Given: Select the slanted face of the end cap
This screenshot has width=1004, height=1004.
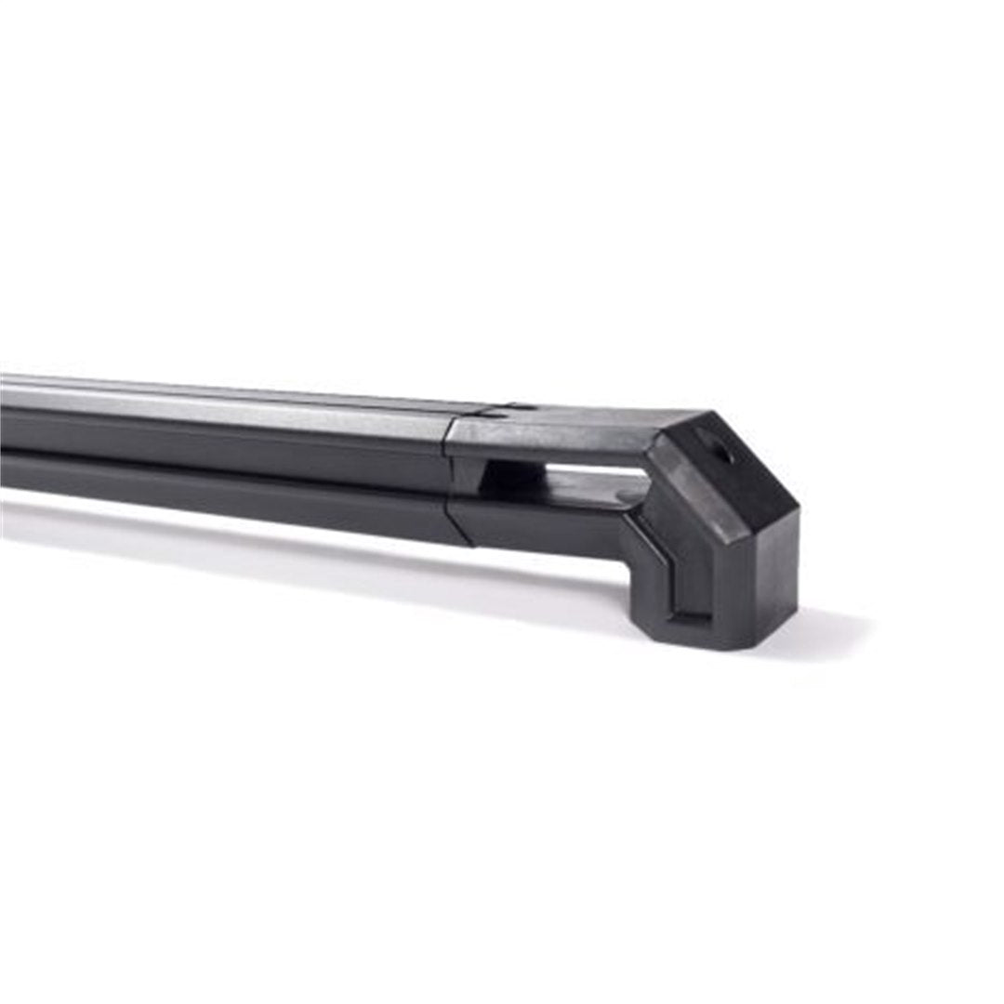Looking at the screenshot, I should [734, 465].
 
